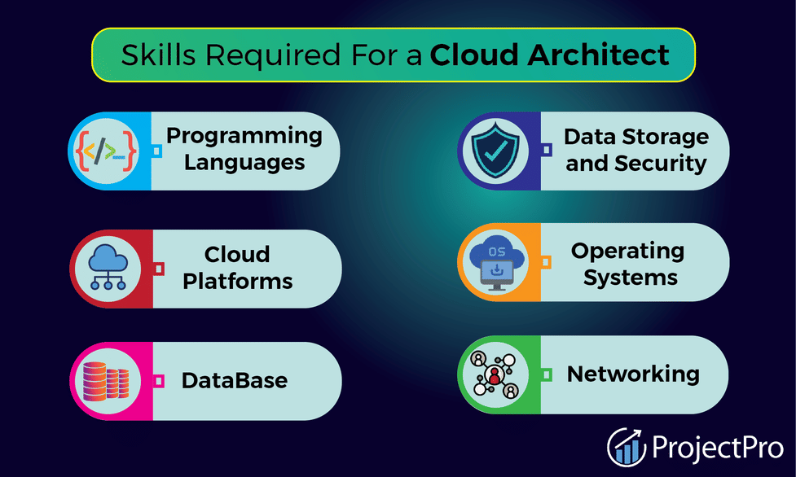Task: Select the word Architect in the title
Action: click(599, 55)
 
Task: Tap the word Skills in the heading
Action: click(158, 55)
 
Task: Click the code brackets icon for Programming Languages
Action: click(106, 151)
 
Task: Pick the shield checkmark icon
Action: click(495, 151)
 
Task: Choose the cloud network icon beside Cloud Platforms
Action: click(108, 268)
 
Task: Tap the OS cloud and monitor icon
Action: click(496, 262)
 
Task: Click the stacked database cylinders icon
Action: click(106, 381)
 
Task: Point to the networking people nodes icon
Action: click(495, 375)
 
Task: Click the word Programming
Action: click(244, 137)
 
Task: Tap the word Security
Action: click(661, 164)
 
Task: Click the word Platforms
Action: click(238, 281)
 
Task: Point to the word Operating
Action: click(627, 252)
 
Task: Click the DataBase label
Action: click(235, 381)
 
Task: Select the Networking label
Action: click(633, 374)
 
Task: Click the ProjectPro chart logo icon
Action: click(627, 447)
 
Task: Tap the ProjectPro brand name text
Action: click(718, 448)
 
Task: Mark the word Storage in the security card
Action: click(666, 137)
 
